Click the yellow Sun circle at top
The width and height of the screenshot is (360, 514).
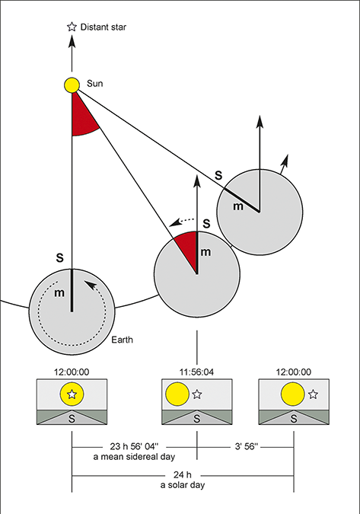pos(72,85)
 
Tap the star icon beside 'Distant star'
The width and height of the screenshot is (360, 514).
pos(72,27)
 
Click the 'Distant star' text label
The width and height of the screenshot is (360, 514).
pos(106,27)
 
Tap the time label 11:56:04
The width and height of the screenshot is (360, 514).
pos(197,372)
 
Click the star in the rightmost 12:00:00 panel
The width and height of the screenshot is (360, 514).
pos(313,394)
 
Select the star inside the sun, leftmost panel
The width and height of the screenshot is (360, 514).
pos(72,394)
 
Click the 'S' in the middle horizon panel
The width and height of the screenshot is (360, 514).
pos(197,418)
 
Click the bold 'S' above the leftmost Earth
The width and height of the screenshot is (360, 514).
pos(61,255)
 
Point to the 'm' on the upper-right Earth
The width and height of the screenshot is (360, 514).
pos(238,206)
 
